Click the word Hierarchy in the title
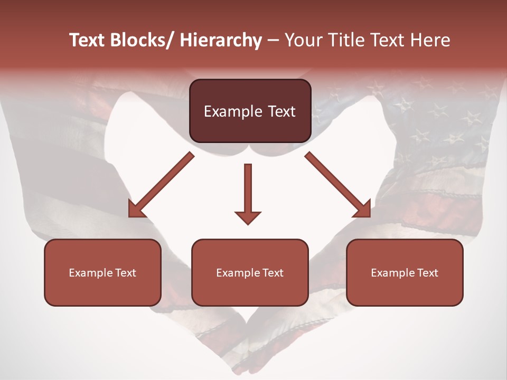[221, 41]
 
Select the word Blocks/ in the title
[139, 41]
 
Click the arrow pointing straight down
[248, 193]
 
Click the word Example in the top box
[226, 112]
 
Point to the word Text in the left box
[126, 273]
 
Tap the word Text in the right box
[428, 273]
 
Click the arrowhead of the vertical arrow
[248, 217]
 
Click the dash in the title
[273, 41]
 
